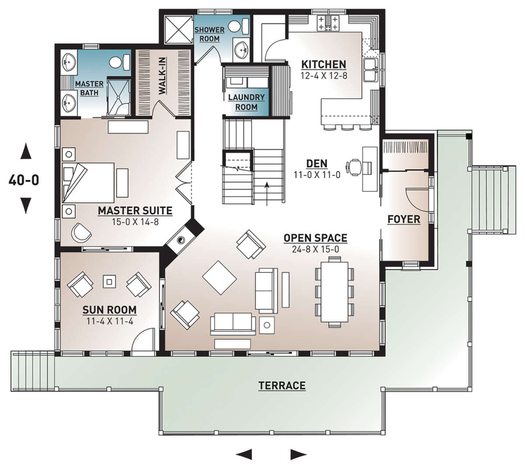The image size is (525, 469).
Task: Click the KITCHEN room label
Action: (324, 65)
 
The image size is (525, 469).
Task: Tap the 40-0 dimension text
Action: (24, 180)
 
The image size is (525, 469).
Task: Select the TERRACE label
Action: (282, 386)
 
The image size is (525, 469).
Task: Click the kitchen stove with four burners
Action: (328, 23)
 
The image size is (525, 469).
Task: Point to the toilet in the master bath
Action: (119, 62)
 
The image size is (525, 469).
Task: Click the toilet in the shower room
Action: (238, 26)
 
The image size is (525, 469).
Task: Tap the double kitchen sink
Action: (371, 70)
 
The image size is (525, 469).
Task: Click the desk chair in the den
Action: (354, 167)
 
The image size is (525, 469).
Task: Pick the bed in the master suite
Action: (88, 183)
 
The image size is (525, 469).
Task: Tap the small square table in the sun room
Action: (109, 281)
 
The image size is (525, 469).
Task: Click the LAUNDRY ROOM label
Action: (246, 102)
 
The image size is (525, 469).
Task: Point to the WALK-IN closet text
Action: (162, 76)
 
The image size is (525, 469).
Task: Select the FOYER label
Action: (404, 219)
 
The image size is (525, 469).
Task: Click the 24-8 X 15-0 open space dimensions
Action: (315, 249)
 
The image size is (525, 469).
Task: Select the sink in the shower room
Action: (241, 49)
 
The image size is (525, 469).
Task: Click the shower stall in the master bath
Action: (119, 97)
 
